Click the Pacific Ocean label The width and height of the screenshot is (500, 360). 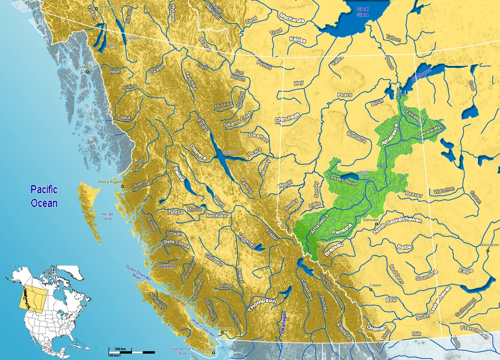pos(43,195)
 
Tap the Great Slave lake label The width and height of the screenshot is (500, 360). pos(363,12)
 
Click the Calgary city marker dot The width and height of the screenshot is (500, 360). pos(371,290)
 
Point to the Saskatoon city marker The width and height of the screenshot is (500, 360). pos(487,250)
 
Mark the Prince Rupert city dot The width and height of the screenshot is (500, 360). pos(123,186)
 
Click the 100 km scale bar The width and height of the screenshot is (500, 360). pos(132,351)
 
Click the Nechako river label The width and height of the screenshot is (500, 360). pos(216,215)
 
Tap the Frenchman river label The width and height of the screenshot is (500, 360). pos(474,332)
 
